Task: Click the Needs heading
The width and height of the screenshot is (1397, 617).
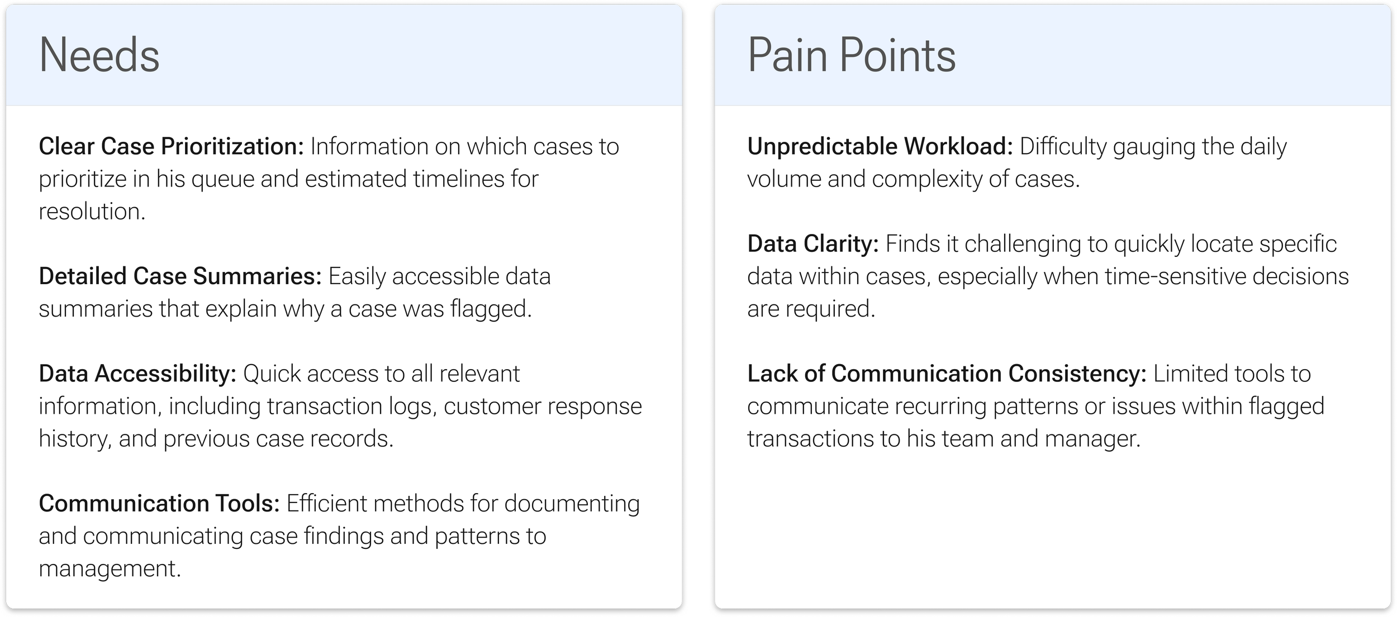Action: tap(99, 55)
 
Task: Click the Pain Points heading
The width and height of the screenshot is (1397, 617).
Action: tap(851, 55)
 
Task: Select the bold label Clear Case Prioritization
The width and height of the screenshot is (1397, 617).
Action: tap(171, 147)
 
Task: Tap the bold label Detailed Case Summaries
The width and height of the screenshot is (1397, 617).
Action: tap(180, 276)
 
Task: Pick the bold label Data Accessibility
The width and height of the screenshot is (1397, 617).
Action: tap(137, 374)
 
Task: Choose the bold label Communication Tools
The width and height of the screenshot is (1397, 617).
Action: tap(159, 504)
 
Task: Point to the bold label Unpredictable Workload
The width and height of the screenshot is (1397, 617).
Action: tap(880, 147)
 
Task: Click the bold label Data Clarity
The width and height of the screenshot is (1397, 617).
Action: tap(813, 244)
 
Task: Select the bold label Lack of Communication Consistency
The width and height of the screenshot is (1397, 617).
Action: tap(947, 374)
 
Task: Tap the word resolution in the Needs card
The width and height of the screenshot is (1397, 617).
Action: tap(92, 212)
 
